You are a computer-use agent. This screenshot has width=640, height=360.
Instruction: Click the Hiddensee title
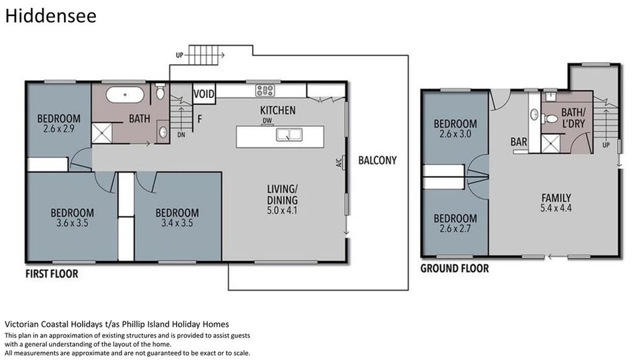pyautogui.click(x=51, y=16)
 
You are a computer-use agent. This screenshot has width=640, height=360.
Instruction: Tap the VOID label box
pyautogui.click(x=204, y=94)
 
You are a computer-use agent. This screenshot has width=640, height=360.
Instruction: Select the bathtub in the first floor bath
pyautogui.click(x=125, y=95)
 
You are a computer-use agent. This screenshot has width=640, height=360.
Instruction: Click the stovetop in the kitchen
pyautogui.click(x=265, y=90)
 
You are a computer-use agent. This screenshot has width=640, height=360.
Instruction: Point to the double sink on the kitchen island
pyautogui.click(x=289, y=134)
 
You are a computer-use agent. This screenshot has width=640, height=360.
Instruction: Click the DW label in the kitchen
pyautogui.click(x=267, y=121)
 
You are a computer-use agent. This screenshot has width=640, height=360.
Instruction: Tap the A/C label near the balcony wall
pyautogui.click(x=339, y=163)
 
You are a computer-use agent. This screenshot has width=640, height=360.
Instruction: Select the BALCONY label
pyautogui.click(x=377, y=161)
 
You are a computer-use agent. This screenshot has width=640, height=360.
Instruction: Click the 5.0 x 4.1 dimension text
pyautogui.click(x=282, y=211)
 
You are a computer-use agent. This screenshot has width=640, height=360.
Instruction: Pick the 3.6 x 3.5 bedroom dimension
pyautogui.click(x=72, y=223)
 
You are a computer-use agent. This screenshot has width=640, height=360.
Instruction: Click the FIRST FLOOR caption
pyautogui.click(x=51, y=273)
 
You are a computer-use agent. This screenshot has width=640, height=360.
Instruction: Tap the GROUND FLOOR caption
pyautogui.click(x=454, y=268)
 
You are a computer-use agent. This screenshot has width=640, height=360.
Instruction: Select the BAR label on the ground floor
pyautogui.click(x=519, y=141)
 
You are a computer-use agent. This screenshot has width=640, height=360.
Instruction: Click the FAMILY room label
pyautogui.click(x=556, y=198)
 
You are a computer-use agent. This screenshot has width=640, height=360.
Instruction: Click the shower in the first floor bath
pyautogui.click(x=101, y=133)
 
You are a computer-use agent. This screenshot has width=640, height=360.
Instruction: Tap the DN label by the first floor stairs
pyautogui.click(x=181, y=135)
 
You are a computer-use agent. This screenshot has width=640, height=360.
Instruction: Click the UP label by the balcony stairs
pyautogui.click(x=179, y=55)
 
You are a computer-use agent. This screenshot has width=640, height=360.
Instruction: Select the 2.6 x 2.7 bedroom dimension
pyautogui.click(x=455, y=229)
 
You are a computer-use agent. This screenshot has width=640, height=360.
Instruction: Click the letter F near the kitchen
pyautogui.click(x=199, y=119)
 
